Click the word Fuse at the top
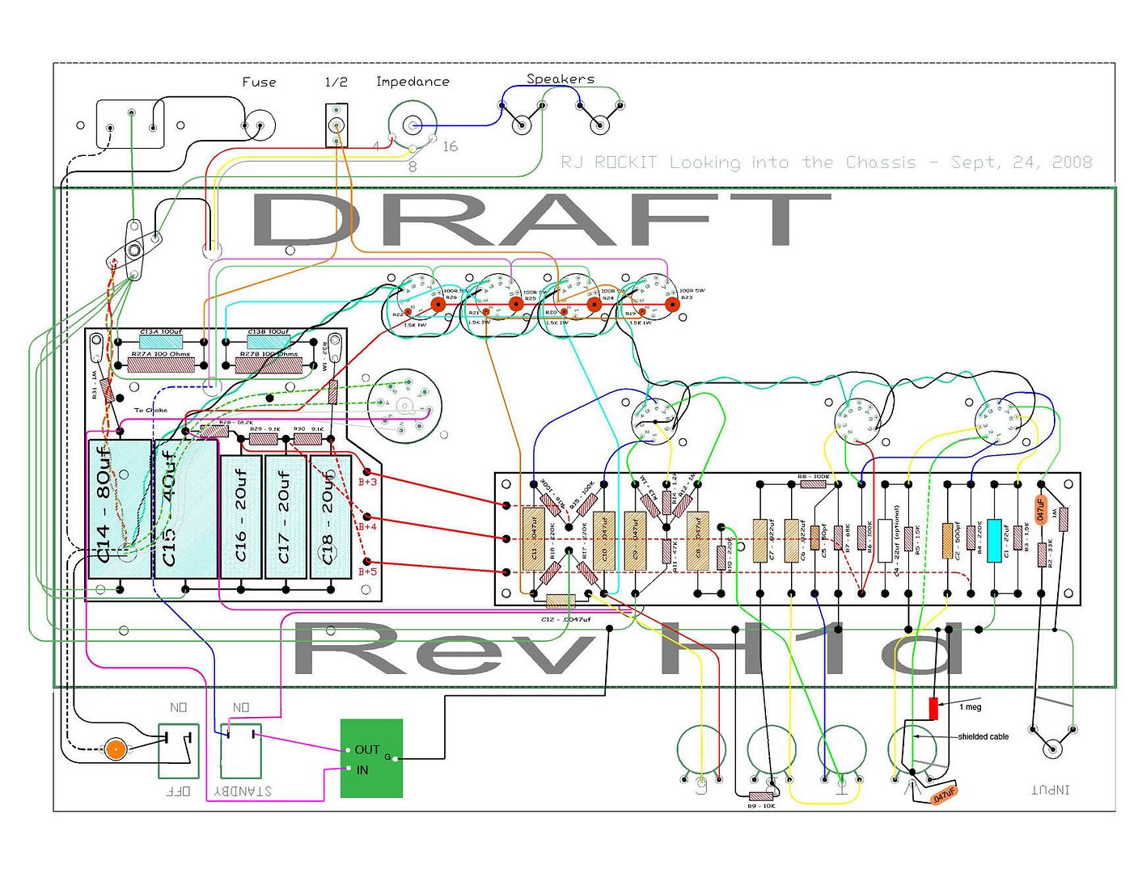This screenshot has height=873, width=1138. tap(259, 82)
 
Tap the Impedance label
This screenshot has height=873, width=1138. tap(412, 82)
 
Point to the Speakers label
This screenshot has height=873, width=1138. tap(561, 78)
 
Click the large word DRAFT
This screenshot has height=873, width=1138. tap(540, 220)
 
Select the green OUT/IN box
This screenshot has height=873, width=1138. tap(371, 758)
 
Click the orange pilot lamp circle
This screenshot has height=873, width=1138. tap(115, 749)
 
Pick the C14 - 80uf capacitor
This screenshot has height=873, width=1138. tap(118, 508)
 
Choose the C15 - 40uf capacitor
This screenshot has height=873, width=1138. tap(185, 508)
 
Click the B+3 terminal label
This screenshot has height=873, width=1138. tap(367, 483)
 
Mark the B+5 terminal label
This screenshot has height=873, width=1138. tap(367, 571)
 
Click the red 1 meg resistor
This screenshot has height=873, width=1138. tap(933, 709)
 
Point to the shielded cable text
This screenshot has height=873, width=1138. tap(983, 736)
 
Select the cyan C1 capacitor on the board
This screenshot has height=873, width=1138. tap(994, 540)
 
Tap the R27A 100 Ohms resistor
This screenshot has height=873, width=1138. tap(161, 364)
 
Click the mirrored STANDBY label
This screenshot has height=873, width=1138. tap(243, 791)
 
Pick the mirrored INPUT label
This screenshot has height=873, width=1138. tap(1050, 789)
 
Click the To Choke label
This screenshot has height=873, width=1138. tap(150, 410)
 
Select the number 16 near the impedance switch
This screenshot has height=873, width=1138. tap(450, 146)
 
